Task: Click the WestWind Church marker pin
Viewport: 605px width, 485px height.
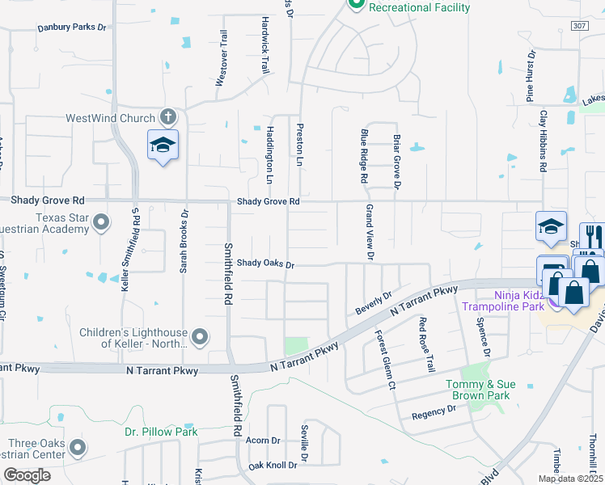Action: [x=168, y=118]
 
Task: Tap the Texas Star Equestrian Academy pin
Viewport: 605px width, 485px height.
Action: [x=101, y=221]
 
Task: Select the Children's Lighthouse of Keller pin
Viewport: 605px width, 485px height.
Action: [x=201, y=335]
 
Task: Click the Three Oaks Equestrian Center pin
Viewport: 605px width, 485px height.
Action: [x=77, y=446]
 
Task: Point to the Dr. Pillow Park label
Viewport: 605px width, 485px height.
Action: [x=161, y=432]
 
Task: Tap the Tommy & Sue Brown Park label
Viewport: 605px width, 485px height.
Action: [x=478, y=390]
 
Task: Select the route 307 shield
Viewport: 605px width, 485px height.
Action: [x=577, y=27]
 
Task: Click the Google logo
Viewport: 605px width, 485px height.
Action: [x=27, y=475]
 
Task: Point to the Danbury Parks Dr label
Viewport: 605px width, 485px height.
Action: [x=71, y=27]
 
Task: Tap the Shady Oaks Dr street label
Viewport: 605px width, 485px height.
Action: [x=265, y=264]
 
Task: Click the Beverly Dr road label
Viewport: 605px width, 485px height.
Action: [x=373, y=304]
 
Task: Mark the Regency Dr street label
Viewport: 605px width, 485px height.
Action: [x=434, y=412]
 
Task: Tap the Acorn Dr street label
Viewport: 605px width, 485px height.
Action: [x=263, y=441]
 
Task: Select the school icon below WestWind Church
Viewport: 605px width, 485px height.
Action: [x=163, y=145]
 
